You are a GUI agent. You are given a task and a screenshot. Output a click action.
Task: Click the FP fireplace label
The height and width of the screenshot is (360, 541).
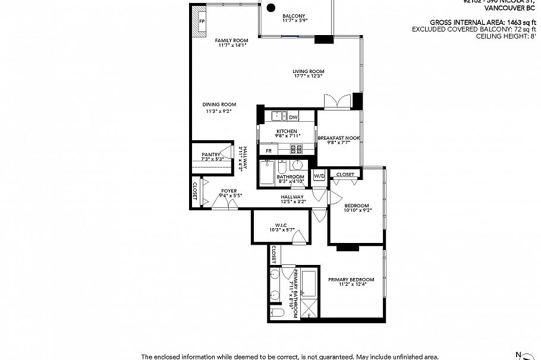[x=202, y=22]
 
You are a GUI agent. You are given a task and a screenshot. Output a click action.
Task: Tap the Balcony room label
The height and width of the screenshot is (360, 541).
[x=294, y=15]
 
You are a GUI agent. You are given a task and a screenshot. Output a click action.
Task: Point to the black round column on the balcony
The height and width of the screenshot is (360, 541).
[x=270, y=8]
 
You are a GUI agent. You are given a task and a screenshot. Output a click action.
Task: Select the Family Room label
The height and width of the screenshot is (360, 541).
[x=231, y=40]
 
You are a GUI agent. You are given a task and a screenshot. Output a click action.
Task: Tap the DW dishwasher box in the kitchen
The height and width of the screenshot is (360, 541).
[x=293, y=117]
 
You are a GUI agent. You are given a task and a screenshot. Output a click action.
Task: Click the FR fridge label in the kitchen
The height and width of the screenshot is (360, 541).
[x=269, y=151]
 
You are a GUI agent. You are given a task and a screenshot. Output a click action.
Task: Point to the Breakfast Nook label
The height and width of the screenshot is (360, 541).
[x=338, y=138]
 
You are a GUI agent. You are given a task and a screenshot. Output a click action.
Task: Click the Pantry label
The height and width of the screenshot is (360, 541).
[x=211, y=154]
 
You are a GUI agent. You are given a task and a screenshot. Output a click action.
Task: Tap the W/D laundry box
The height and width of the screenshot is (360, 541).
[x=319, y=176]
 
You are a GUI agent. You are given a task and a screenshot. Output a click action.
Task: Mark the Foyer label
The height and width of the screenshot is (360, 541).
[x=229, y=191]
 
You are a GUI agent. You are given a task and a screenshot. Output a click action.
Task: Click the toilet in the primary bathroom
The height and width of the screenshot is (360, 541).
[x=276, y=312]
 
